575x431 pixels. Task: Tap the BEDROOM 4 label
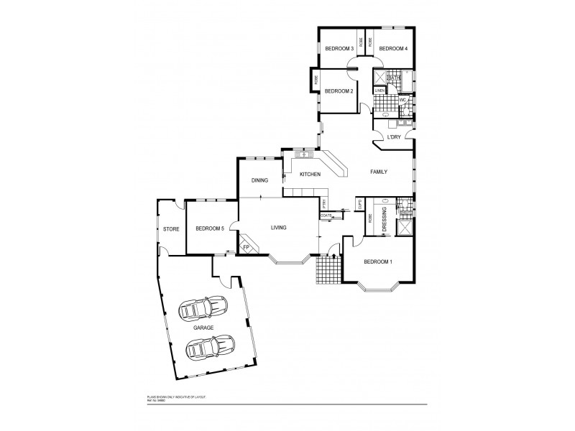(x=393, y=49)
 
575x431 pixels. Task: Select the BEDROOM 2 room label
(x=338, y=91)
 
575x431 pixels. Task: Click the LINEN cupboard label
(x=379, y=91)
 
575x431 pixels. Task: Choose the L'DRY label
(x=394, y=136)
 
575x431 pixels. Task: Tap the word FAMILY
(x=379, y=172)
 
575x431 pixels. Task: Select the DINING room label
(x=259, y=181)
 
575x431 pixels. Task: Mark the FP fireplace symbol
(x=245, y=247)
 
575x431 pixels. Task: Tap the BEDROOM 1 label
(x=378, y=262)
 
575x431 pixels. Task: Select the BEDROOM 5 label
(x=211, y=228)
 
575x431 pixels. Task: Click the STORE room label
(x=170, y=229)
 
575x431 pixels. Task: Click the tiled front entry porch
(x=328, y=272)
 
